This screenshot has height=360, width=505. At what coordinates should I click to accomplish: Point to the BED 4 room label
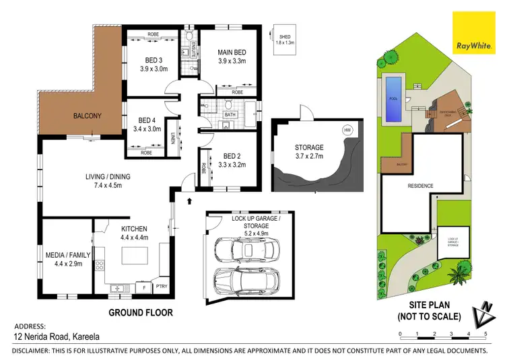[147, 124]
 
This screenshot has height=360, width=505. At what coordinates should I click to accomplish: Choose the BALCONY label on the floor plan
[88, 116]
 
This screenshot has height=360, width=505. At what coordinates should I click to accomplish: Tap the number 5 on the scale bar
[485, 334]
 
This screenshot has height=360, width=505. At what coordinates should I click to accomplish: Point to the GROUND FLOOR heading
[141, 312]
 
